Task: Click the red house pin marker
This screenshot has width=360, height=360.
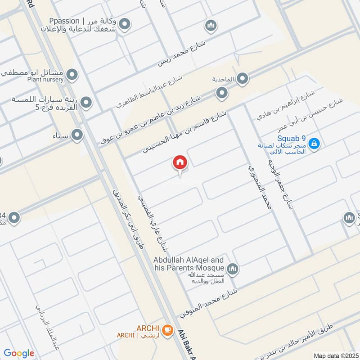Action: point(180,163)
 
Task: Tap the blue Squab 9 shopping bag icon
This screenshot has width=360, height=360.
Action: point(315,144)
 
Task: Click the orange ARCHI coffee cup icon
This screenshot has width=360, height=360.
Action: point(167,329)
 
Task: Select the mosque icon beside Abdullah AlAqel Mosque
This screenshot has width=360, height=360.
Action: point(232,269)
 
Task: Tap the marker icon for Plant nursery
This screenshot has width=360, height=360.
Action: point(72,74)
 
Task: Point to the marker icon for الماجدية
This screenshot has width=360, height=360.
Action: point(243,79)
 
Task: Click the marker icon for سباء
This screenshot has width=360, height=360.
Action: point(77,135)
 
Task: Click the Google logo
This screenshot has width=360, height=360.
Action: point(18,353)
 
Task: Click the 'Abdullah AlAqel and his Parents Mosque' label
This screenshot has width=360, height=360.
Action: point(189,264)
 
